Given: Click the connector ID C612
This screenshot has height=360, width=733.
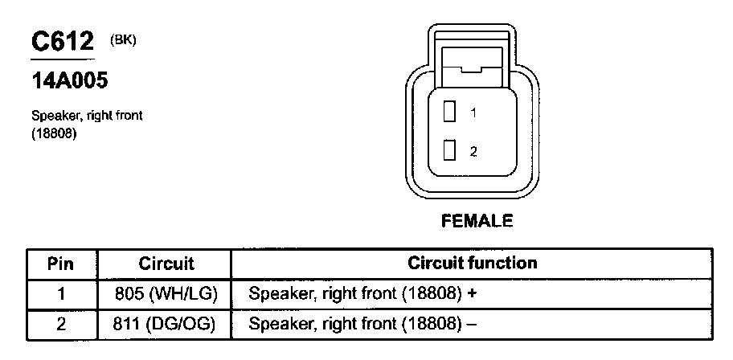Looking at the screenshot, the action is [x=62, y=42].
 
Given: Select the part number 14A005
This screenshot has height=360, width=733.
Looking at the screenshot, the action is [x=69, y=80].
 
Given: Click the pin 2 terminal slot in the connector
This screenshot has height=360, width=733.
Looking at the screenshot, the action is [x=451, y=150].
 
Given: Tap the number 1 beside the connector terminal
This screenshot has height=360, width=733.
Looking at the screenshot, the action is [x=473, y=114].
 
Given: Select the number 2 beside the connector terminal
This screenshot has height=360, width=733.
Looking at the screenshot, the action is [x=473, y=151].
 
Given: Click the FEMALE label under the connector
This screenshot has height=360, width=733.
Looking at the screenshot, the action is [x=477, y=219].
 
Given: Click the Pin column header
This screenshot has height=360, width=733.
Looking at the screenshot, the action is [x=61, y=263].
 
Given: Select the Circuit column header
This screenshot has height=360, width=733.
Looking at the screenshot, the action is [x=166, y=263].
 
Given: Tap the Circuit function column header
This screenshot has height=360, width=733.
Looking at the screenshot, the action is [x=472, y=263].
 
